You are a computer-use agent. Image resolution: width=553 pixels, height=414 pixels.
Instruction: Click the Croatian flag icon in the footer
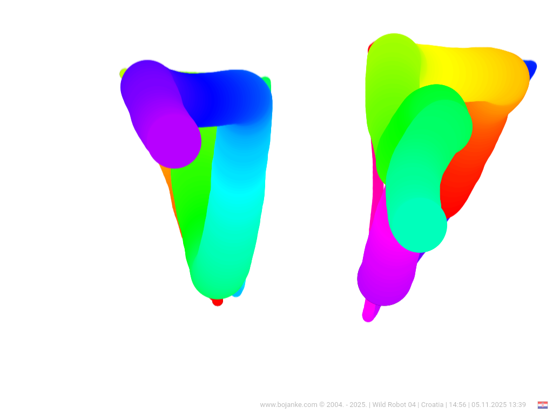click(x=542, y=405)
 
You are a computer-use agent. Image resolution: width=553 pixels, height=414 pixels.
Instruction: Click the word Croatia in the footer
click(x=433, y=405)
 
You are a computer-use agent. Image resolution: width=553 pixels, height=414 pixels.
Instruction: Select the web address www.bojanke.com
click(x=288, y=405)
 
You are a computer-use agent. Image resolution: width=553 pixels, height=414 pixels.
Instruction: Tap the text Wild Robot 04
click(x=394, y=405)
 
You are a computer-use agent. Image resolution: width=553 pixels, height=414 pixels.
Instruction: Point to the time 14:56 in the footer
click(x=457, y=405)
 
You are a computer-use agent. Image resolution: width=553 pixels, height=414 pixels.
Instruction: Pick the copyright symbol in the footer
click(x=322, y=405)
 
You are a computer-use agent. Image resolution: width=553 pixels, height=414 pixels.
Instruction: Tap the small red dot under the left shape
click(x=218, y=302)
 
